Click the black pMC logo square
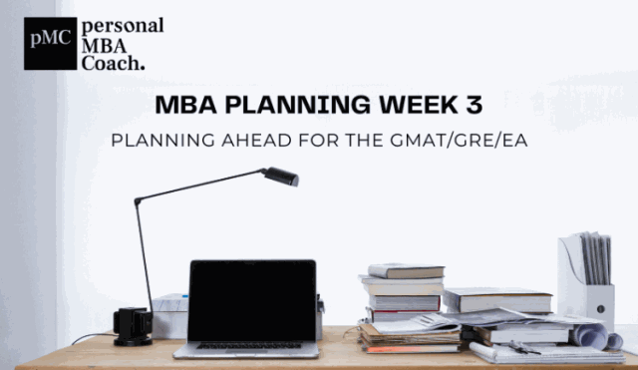pos(50,43)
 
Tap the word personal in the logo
pos(124,25)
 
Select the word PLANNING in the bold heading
pos(260,104)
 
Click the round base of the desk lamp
pos(133,326)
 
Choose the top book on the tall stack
pos(406,270)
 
